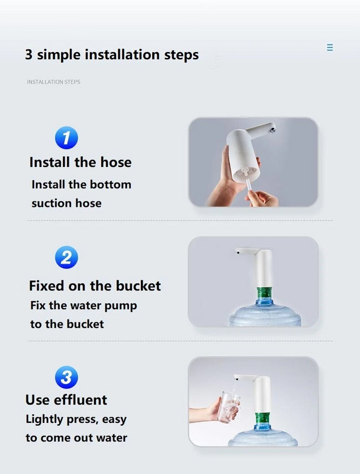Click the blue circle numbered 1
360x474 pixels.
tap(66, 138)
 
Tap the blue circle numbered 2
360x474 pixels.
tap(66, 257)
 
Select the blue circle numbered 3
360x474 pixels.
tap(66, 377)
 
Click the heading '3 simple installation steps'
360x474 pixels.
tap(112, 55)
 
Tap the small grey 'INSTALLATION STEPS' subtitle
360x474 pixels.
tap(54, 82)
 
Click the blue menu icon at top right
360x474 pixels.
tap(330, 47)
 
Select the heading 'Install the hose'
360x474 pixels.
tap(81, 162)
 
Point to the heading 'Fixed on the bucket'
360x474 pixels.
tap(95, 286)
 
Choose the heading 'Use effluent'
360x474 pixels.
tap(66, 399)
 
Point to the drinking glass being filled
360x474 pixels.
tap(229, 407)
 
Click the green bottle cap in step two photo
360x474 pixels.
tap(263, 293)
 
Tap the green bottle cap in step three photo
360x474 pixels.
tap(262, 418)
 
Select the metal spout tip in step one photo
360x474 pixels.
tap(273, 130)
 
